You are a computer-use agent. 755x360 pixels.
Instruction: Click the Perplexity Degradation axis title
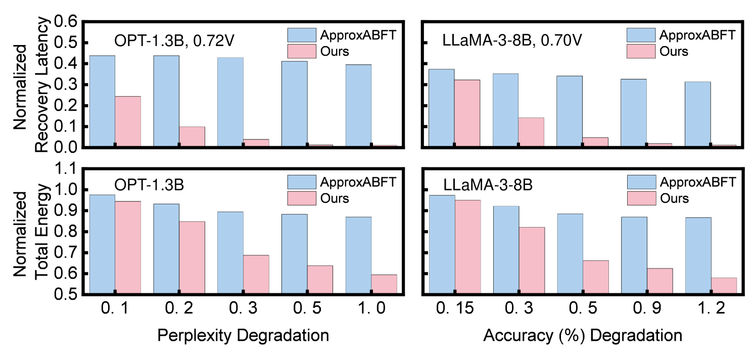click(x=243, y=335)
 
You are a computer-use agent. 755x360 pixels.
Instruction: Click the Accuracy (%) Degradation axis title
click(x=583, y=335)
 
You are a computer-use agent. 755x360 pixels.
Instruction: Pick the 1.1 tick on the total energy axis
click(x=66, y=169)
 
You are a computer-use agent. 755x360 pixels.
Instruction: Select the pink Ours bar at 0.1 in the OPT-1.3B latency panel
click(x=128, y=121)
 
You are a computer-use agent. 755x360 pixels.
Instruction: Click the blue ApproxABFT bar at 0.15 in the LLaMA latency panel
click(x=441, y=108)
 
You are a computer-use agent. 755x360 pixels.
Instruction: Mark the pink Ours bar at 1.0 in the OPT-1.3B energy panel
click(x=384, y=284)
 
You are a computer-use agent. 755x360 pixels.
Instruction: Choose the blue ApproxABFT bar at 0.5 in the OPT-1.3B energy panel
click(x=294, y=253)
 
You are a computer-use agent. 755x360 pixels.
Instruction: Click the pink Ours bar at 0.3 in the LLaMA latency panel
click(x=531, y=132)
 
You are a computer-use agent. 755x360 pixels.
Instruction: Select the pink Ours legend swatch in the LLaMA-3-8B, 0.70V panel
click(x=641, y=51)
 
